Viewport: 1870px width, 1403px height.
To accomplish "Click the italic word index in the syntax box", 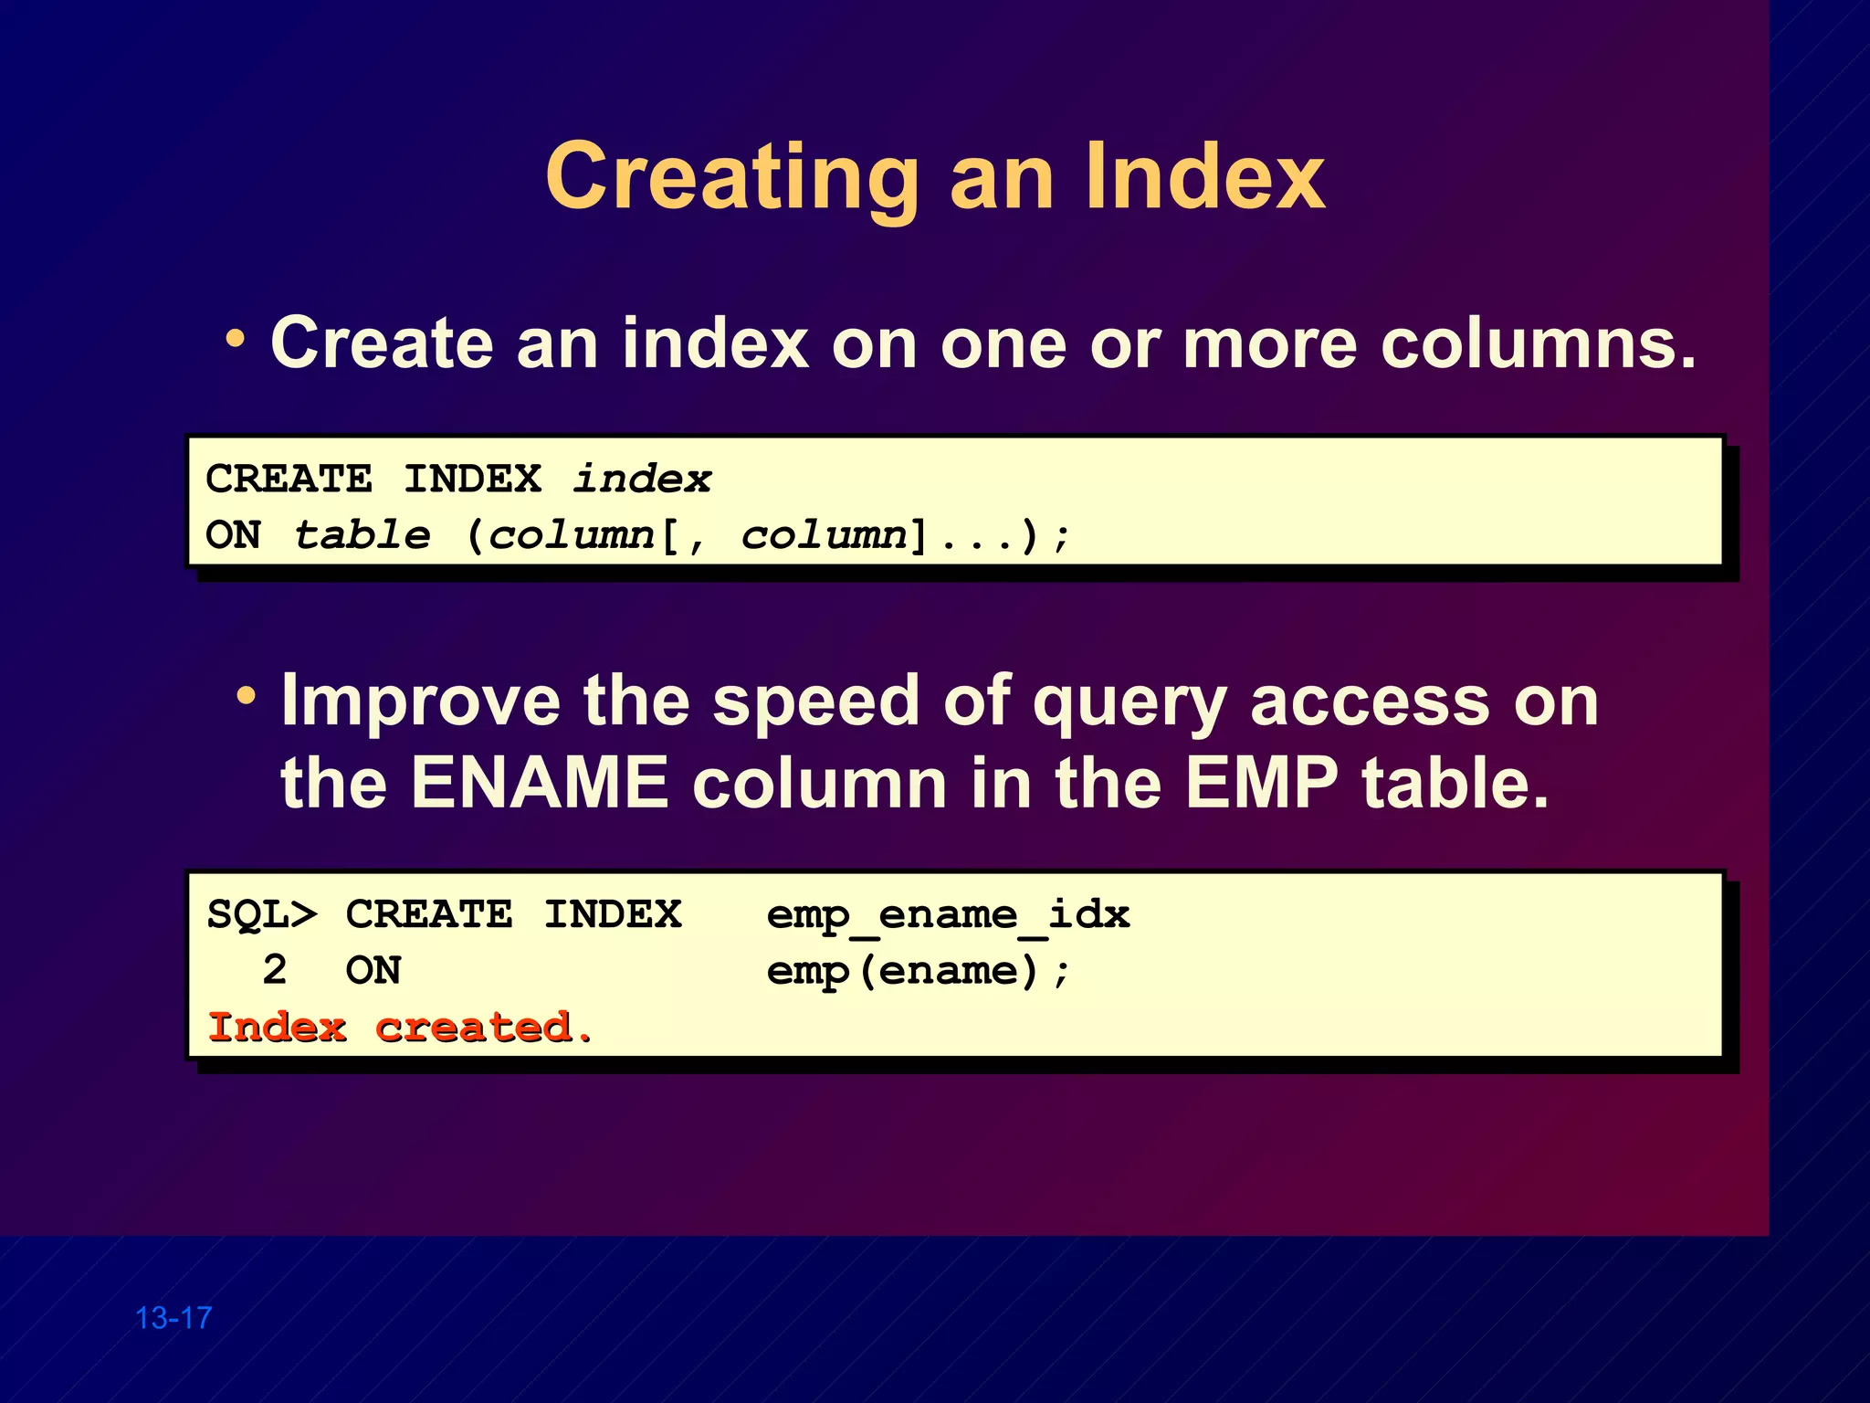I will [642, 479].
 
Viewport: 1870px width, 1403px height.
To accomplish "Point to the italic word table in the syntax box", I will [362, 535].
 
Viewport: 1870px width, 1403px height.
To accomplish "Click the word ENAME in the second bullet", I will [539, 784].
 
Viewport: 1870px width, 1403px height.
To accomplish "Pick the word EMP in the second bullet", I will [1261, 784].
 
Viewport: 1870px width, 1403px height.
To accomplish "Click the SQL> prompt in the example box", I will [262, 914].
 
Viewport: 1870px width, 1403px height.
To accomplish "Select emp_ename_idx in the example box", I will [948, 915].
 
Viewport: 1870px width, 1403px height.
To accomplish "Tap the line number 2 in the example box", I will [274, 970].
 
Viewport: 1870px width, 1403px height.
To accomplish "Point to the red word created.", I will [484, 1028].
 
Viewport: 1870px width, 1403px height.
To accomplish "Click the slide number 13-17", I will [173, 1318].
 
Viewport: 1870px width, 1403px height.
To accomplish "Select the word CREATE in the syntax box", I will [289, 479].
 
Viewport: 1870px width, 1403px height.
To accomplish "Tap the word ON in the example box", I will [373, 970].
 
